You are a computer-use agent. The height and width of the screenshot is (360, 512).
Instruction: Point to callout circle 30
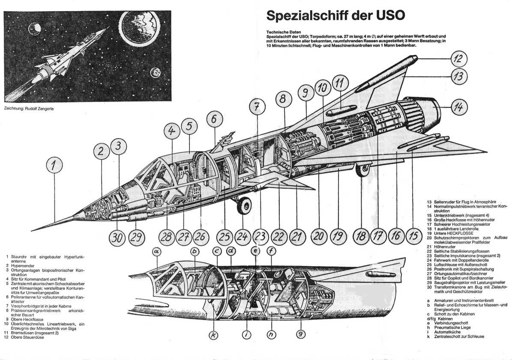pos(117,236)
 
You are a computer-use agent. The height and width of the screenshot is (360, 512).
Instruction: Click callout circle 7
pos(256,108)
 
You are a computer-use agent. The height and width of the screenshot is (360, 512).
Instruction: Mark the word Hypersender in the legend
pos(21,265)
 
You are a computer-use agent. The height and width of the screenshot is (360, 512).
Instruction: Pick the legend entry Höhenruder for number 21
pos(446,247)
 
